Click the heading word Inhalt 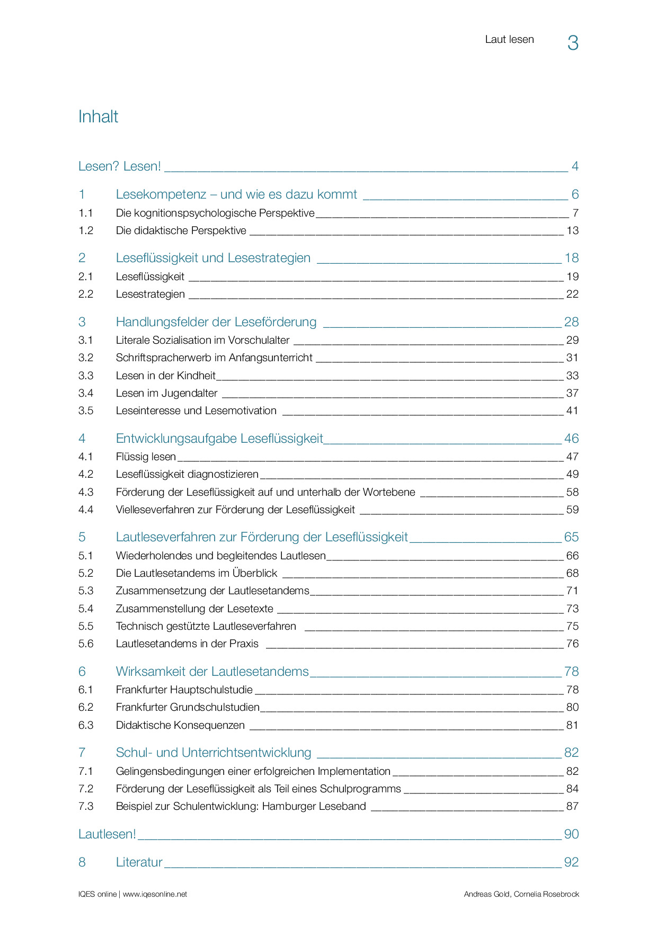click(x=98, y=117)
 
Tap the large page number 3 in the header click(x=573, y=43)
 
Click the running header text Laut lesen click(x=509, y=40)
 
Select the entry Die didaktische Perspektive click(x=181, y=230)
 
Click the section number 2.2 click(x=86, y=294)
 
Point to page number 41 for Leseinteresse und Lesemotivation click(x=572, y=410)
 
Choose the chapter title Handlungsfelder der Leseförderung click(x=216, y=322)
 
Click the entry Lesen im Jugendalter click(x=166, y=393)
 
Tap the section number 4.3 click(x=86, y=492)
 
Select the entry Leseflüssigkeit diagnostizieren click(x=187, y=474)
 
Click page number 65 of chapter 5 click(x=571, y=537)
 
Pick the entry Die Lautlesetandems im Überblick click(x=197, y=573)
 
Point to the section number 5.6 click(x=86, y=644)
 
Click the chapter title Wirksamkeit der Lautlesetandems click(x=212, y=672)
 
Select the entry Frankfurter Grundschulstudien click(x=188, y=707)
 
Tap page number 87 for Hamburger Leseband click(x=572, y=806)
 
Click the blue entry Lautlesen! click(x=107, y=834)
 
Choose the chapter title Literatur click(x=139, y=862)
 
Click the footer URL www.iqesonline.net click(x=155, y=894)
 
